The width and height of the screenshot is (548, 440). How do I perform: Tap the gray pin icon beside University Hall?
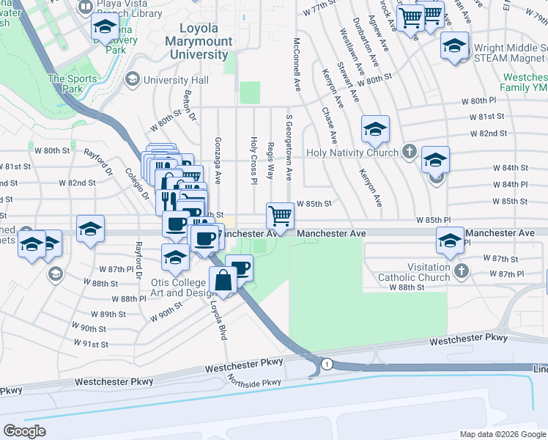pyautogui.click(x=133, y=79)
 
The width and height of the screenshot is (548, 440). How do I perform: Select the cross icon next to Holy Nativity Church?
pyautogui.click(x=409, y=153)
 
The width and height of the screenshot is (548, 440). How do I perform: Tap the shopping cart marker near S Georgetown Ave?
pyautogui.click(x=280, y=216)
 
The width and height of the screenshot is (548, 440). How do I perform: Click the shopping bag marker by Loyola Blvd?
pyautogui.click(x=223, y=280)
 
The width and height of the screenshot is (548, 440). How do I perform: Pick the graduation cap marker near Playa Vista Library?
pyautogui.click(x=105, y=28)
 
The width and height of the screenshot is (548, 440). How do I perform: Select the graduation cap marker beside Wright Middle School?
pyautogui.click(x=454, y=46)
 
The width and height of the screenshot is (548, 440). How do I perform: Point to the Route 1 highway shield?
pyautogui.click(x=327, y=364)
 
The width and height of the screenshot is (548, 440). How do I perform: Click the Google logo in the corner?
pyautogui.click(x=25, y=431)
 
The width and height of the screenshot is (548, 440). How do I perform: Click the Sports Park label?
pyautogui.click(x=73, y=84)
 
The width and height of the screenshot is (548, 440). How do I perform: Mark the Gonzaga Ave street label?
pyautogui.click(x=218, y=160)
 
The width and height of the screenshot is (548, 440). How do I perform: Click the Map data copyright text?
pyautogui.click(x=503, y=434)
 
